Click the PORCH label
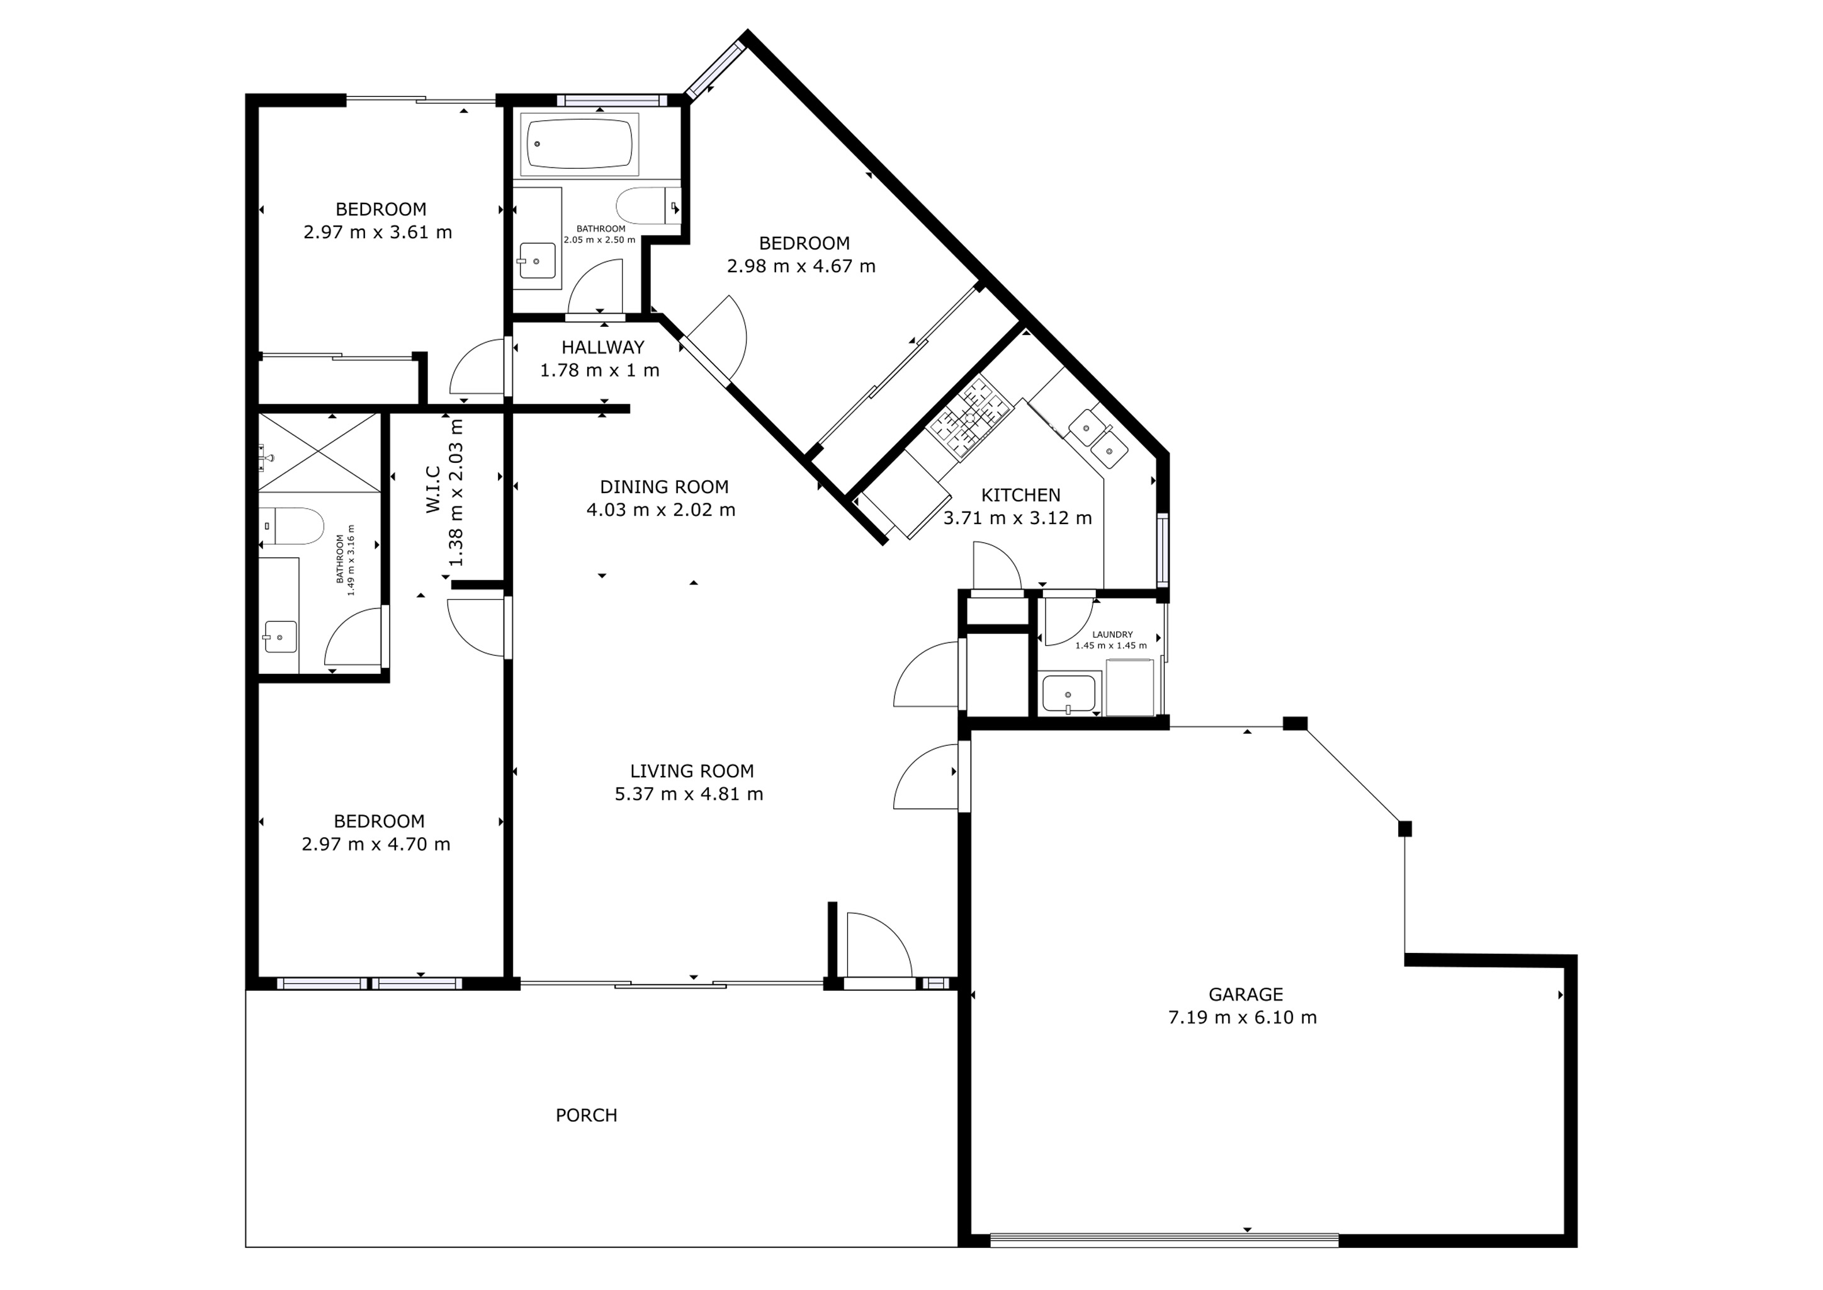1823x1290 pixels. coord(586,1116)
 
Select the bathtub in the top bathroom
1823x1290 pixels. coord(579,144)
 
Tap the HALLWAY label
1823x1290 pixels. coord(602,347)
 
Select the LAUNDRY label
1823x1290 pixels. coord(1112,635)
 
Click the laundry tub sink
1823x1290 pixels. coord(1068,693)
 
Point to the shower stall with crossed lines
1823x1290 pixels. coord(319,453)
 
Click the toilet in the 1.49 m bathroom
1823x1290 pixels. coord(294,526)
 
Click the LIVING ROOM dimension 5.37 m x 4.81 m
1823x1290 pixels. coord(689,794)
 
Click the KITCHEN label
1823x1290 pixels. coord(1020,495)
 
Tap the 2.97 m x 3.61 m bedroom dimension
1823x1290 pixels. coord(377,232)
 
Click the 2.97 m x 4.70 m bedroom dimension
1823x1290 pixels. coord(376,845)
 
